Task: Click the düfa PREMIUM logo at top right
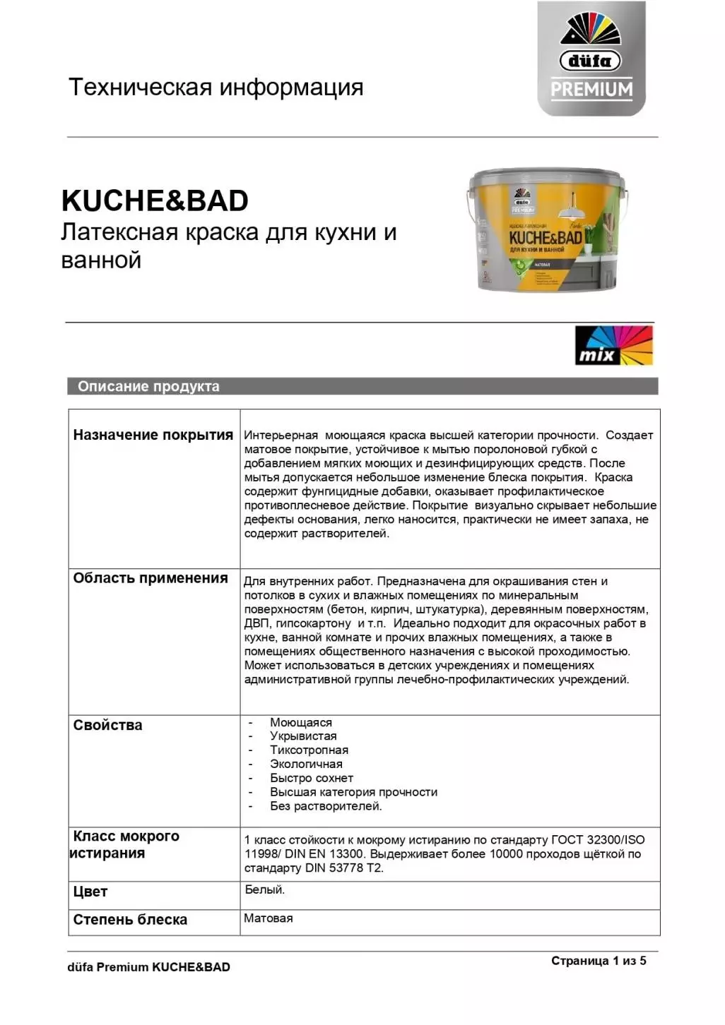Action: click(x=591, y=59)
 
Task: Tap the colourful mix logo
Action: click(x=613, y=345)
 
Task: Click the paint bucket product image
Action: click(x=548, y=230)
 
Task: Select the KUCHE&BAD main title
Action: click(x=155, y=200)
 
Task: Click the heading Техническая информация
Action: click(x=216, y=88)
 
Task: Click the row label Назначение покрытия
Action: click(x=153, y=435)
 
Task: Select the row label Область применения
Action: click(x=151, y=578)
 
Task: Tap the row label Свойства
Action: click(x=107, y=725)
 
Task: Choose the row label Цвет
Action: click(x=90, y=892)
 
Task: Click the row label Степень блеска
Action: click(x=130, y=920)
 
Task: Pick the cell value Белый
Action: click(x=264, y=890)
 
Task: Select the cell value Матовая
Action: click(x=268, y=918)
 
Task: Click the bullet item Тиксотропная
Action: click(x=309, y=750)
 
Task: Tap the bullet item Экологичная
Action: click(x=306, y=765)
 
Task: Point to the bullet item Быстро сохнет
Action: click(x=311, y=778)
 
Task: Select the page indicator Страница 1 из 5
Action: click(x=599, y=961)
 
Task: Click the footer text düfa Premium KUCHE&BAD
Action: click(x=148, y=967)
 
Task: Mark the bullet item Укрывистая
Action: click(x=303, y=736)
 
